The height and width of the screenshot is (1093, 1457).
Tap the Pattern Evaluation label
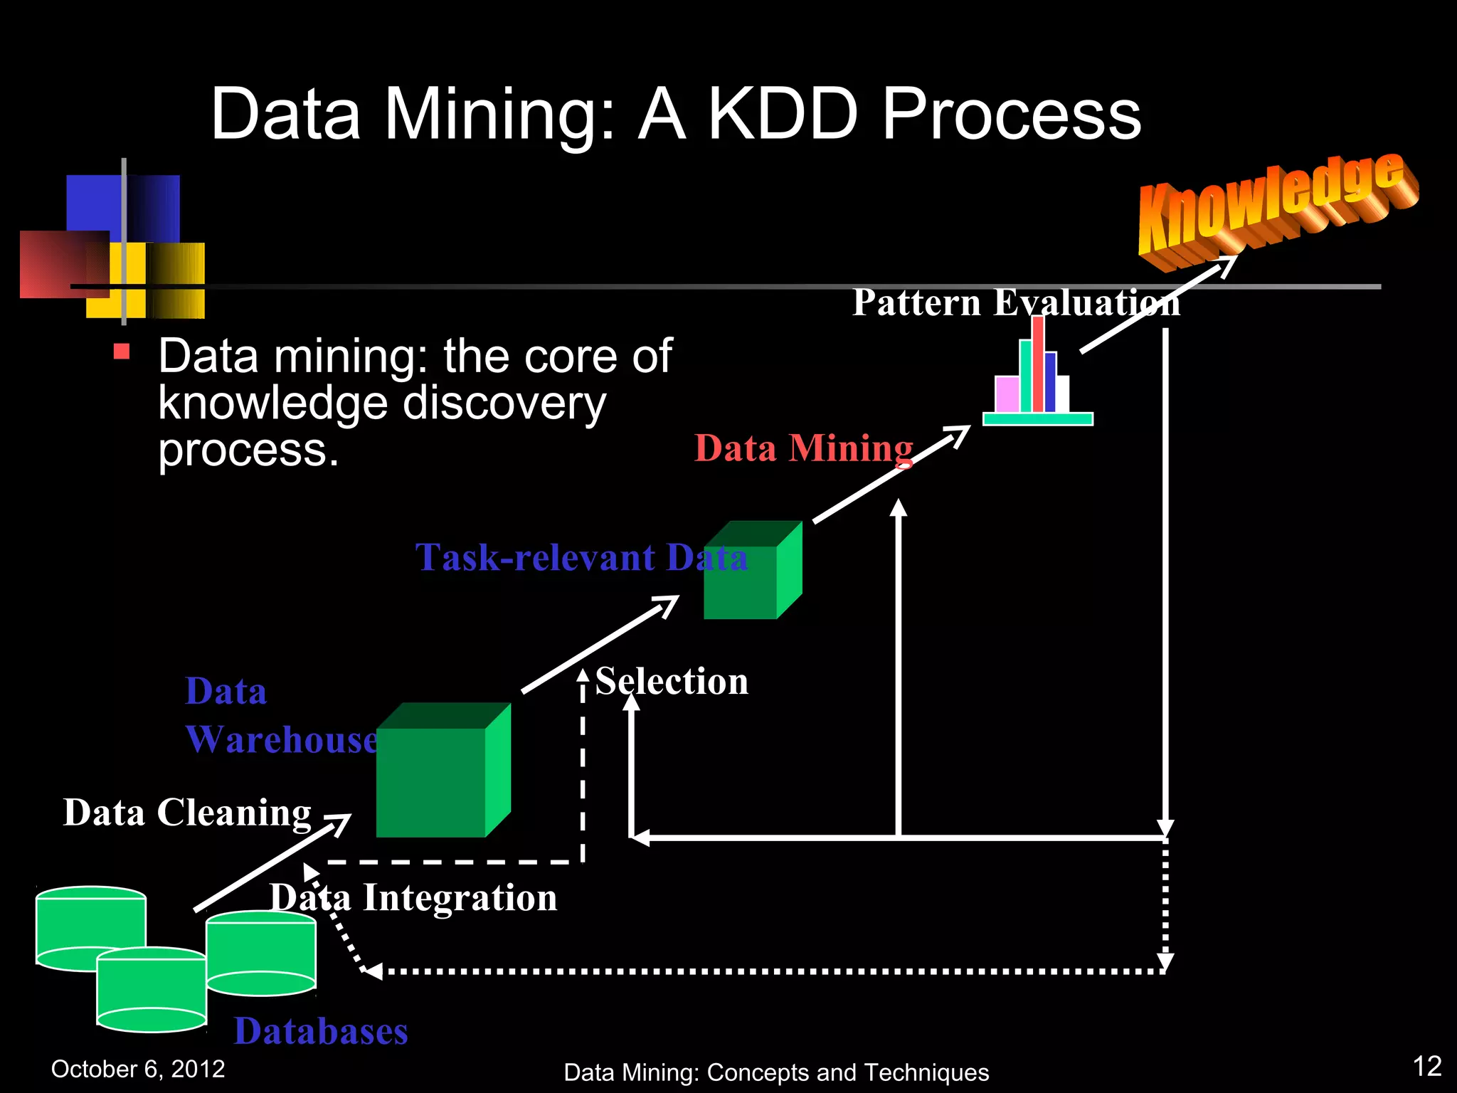(1016, 302)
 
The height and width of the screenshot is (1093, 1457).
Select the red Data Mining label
(803, 448)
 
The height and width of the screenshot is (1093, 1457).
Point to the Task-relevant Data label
(581, 557)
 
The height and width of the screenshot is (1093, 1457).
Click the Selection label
(672, 681)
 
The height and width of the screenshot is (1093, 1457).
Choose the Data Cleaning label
(187, 812)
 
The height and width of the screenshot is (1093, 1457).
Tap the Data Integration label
(413, 897)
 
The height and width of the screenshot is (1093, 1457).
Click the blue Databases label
(321, 1031)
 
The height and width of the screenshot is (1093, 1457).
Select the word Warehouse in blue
(282, 739)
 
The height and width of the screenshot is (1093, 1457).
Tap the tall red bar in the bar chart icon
(1038, 364)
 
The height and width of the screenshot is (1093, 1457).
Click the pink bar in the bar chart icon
(1007, 394)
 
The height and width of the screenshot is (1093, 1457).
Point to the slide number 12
(1426, 1066)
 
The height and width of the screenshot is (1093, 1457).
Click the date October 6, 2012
(138, 1069)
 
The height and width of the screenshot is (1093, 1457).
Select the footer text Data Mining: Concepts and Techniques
(776, 1072)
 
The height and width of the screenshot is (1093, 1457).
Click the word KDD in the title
(783, 114)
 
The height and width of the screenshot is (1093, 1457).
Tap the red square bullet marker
(122, 352)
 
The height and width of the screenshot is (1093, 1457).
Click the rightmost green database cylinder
(261, 954)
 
